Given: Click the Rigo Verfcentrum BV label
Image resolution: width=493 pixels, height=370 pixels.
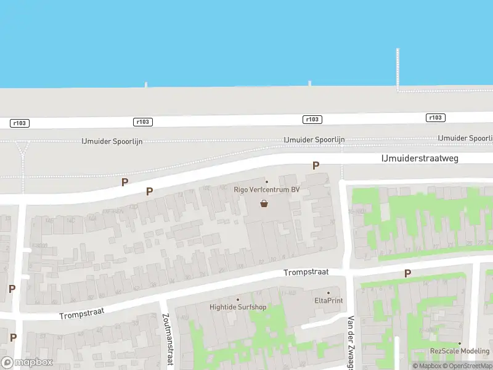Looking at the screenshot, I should click(x=267, y=190).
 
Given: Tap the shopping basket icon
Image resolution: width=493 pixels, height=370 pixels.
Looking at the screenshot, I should click(x=264, y=203).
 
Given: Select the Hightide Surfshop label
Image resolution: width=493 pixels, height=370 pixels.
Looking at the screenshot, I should click(x=237, y=306).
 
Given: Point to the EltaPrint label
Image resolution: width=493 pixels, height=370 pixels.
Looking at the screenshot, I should click(x=328, y=300).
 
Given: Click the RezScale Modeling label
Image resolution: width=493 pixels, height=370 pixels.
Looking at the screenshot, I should click(x=459, y=351).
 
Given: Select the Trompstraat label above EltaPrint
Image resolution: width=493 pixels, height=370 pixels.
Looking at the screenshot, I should click(x=306, y=272).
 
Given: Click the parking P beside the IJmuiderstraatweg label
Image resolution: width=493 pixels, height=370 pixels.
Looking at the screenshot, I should click(x=316, y=165).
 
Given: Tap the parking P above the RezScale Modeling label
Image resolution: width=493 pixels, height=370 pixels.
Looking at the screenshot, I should click(x=407, y=273).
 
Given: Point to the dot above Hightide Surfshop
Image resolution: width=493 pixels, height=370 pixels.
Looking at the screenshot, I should click(x=237, y=299).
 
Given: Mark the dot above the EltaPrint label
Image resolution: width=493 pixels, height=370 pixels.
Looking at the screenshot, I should click(x=328, y=293).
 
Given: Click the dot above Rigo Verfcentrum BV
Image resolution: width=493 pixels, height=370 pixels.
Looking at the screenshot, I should click(x=267, y=181).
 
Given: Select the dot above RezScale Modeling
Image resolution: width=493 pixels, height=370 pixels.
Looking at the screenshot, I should click(x=459, y=343).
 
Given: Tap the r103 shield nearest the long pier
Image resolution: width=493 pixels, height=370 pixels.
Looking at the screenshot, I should click(x=435, y=118).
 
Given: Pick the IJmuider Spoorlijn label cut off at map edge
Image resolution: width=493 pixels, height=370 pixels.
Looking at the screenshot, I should click(x=465, y=138).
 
